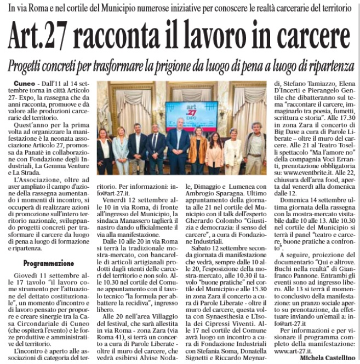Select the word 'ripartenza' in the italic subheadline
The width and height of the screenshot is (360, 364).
pos(323,65)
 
